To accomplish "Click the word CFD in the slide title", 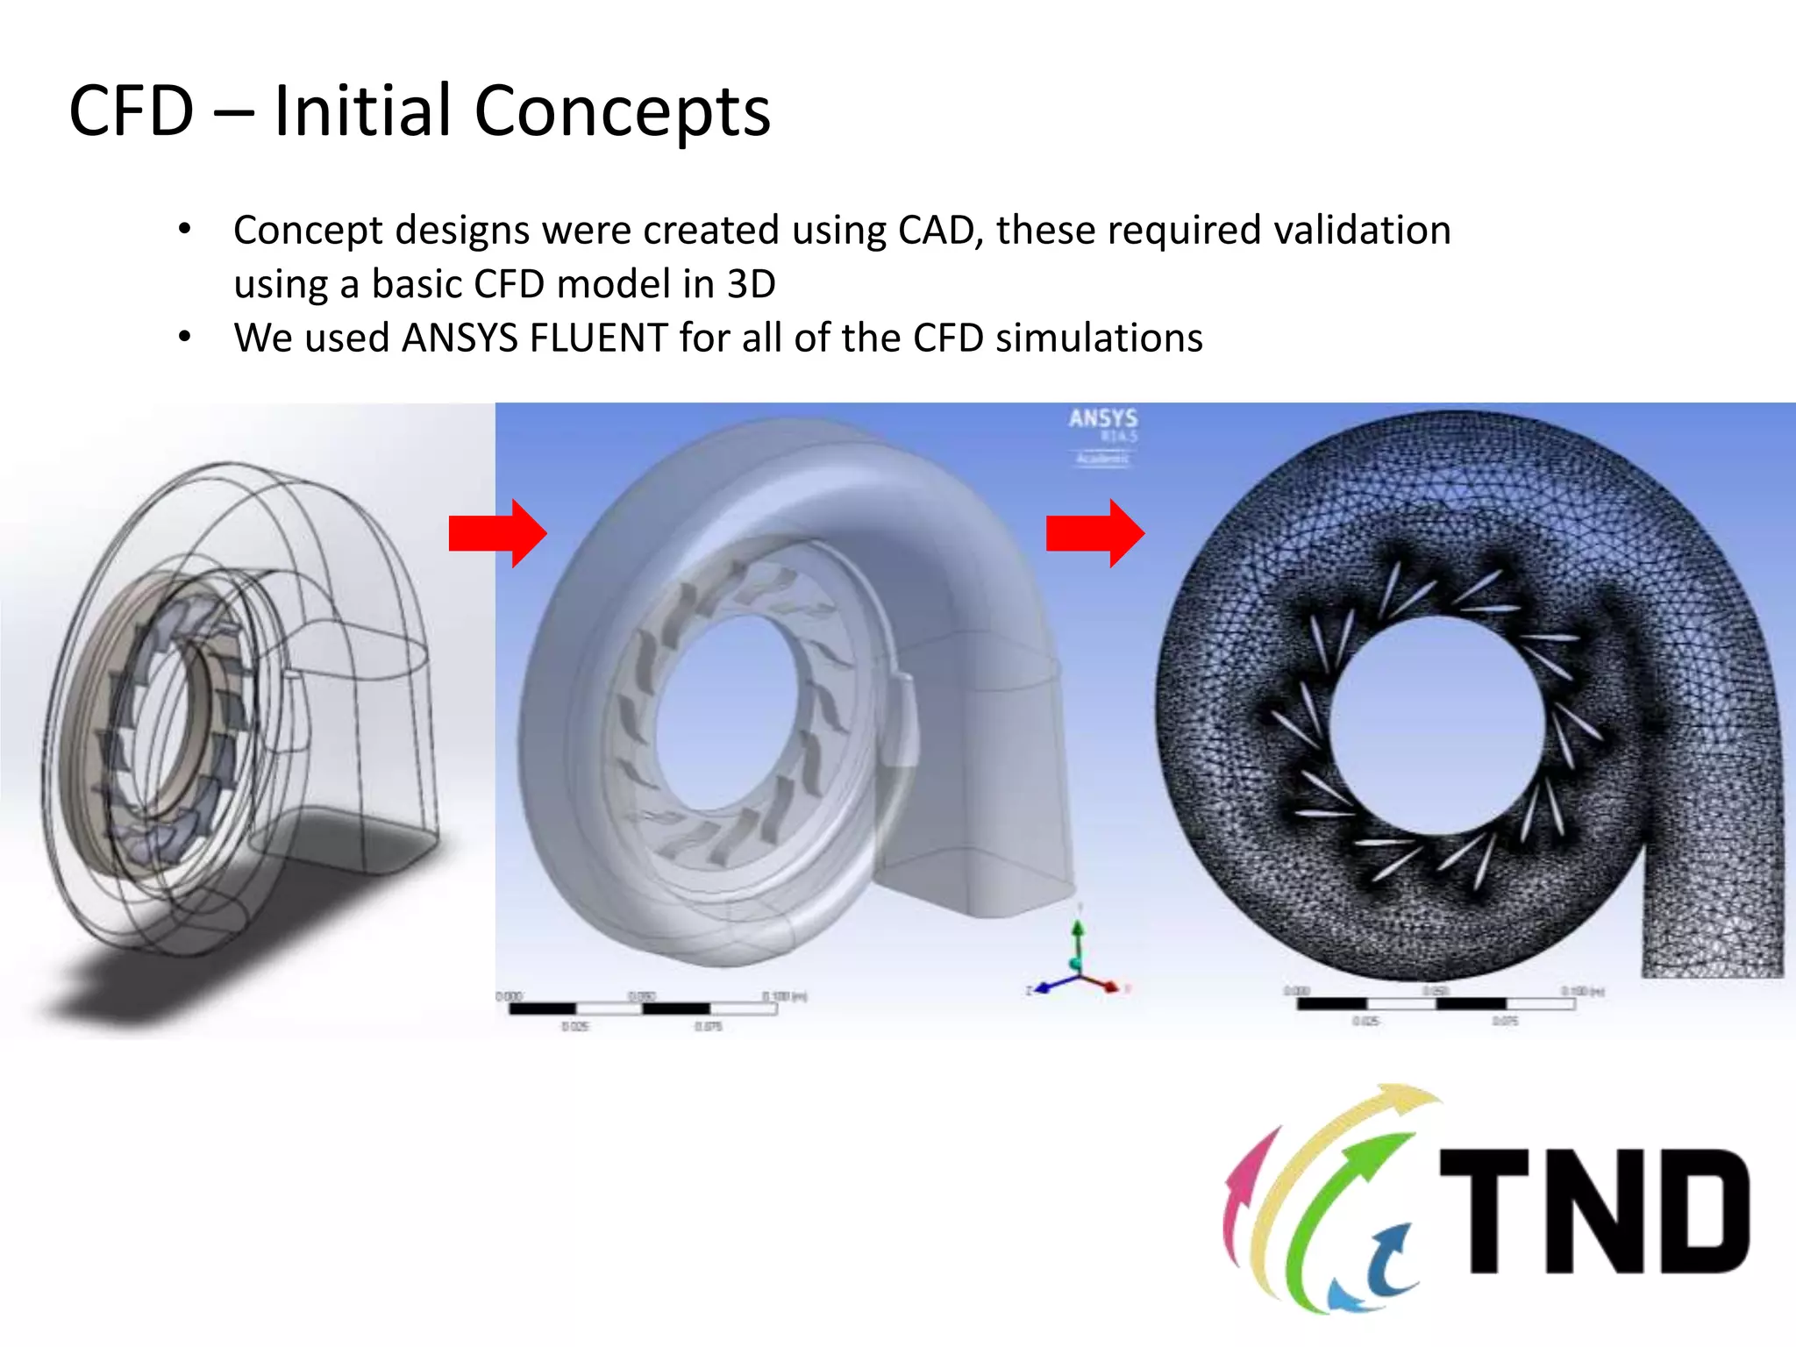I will click(132, 111).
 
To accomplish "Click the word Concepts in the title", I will click(622, 111).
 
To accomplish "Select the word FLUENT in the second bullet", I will click(599, 338).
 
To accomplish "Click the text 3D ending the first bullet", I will click(752, 284).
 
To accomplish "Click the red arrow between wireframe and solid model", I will click(498, 533).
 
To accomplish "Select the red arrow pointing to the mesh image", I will click(1095, 533).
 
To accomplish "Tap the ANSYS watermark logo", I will click(1102, 419).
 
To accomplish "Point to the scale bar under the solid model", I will click(643, 1008).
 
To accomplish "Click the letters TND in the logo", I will click(1594, 1211).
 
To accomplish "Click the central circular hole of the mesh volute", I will click(1436, 723).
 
